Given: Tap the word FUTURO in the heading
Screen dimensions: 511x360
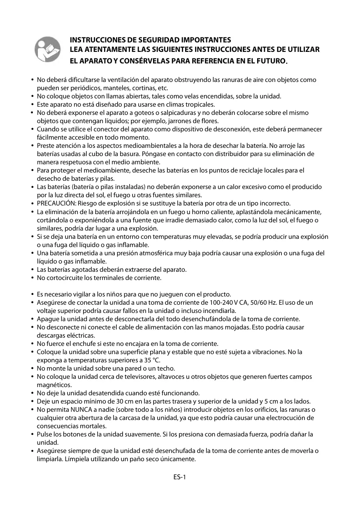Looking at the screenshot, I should click(271, 61).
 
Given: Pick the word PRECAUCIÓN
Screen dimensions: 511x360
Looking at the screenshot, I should click(53, 203).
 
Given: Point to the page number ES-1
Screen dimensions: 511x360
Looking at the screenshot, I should click(180, 477).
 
